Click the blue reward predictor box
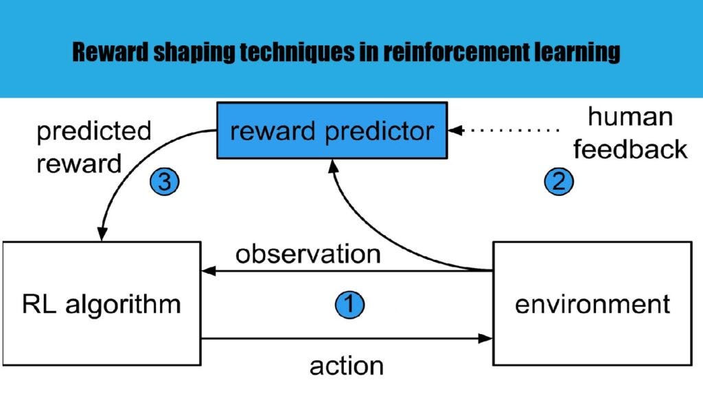(332, 130)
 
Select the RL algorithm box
(101, 303)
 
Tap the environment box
(592, 303)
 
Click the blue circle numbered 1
(349, 304)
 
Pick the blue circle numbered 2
(558, 181)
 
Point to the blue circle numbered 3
(164, 182)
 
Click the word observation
(308, 254)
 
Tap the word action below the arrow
(347, 365)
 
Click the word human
(630, 118)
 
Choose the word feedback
(630, 149)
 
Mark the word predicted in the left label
(93, 131)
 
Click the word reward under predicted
(78, 164)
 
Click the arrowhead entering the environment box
(487, 338)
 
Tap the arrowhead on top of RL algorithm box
(103, 234)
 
